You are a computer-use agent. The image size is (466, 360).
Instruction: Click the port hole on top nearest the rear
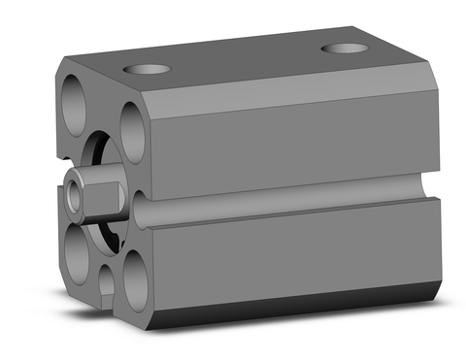(345, 48)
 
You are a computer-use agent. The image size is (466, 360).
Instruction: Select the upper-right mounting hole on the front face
(133, 130)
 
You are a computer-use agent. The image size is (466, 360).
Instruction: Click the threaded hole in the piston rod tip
(76, 194)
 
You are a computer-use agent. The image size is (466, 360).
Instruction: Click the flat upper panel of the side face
(291, 141)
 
